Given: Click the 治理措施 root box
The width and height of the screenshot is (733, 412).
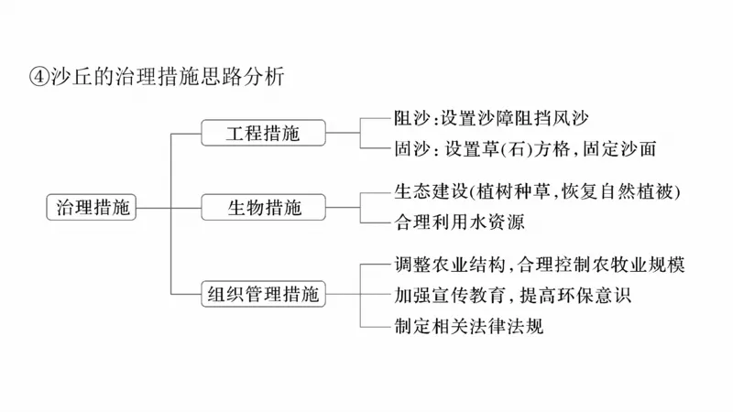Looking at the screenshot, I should coord(90,207).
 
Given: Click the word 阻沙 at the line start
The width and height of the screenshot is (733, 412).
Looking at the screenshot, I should coord(410,118).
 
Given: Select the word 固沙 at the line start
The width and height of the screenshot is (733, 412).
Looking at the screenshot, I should coord(410,147).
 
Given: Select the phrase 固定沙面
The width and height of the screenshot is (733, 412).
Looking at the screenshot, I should coord(627,147).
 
